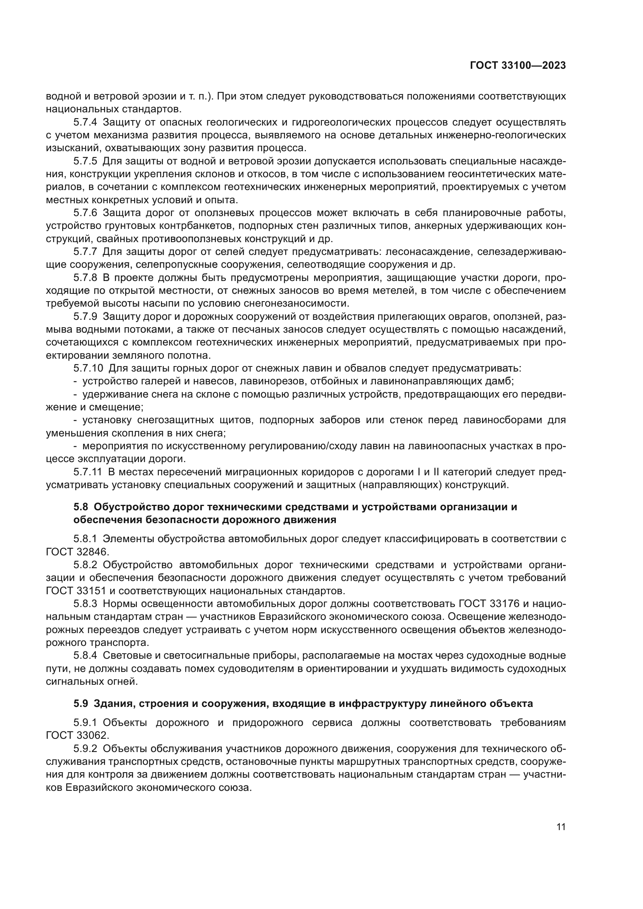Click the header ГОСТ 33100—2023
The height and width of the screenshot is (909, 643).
pos(517,66)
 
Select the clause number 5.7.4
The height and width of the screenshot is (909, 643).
pos(85,122)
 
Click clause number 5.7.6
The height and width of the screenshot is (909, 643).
pos(85,213)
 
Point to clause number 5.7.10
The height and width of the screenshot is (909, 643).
pos(88,368)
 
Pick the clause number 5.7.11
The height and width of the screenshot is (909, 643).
pos(88,472)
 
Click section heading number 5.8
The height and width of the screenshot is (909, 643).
pos(81,507)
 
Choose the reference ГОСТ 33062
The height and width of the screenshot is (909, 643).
pos(77,735)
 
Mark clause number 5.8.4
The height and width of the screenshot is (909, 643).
pos(85,656)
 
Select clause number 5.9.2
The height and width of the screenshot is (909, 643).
pos(85,748)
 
